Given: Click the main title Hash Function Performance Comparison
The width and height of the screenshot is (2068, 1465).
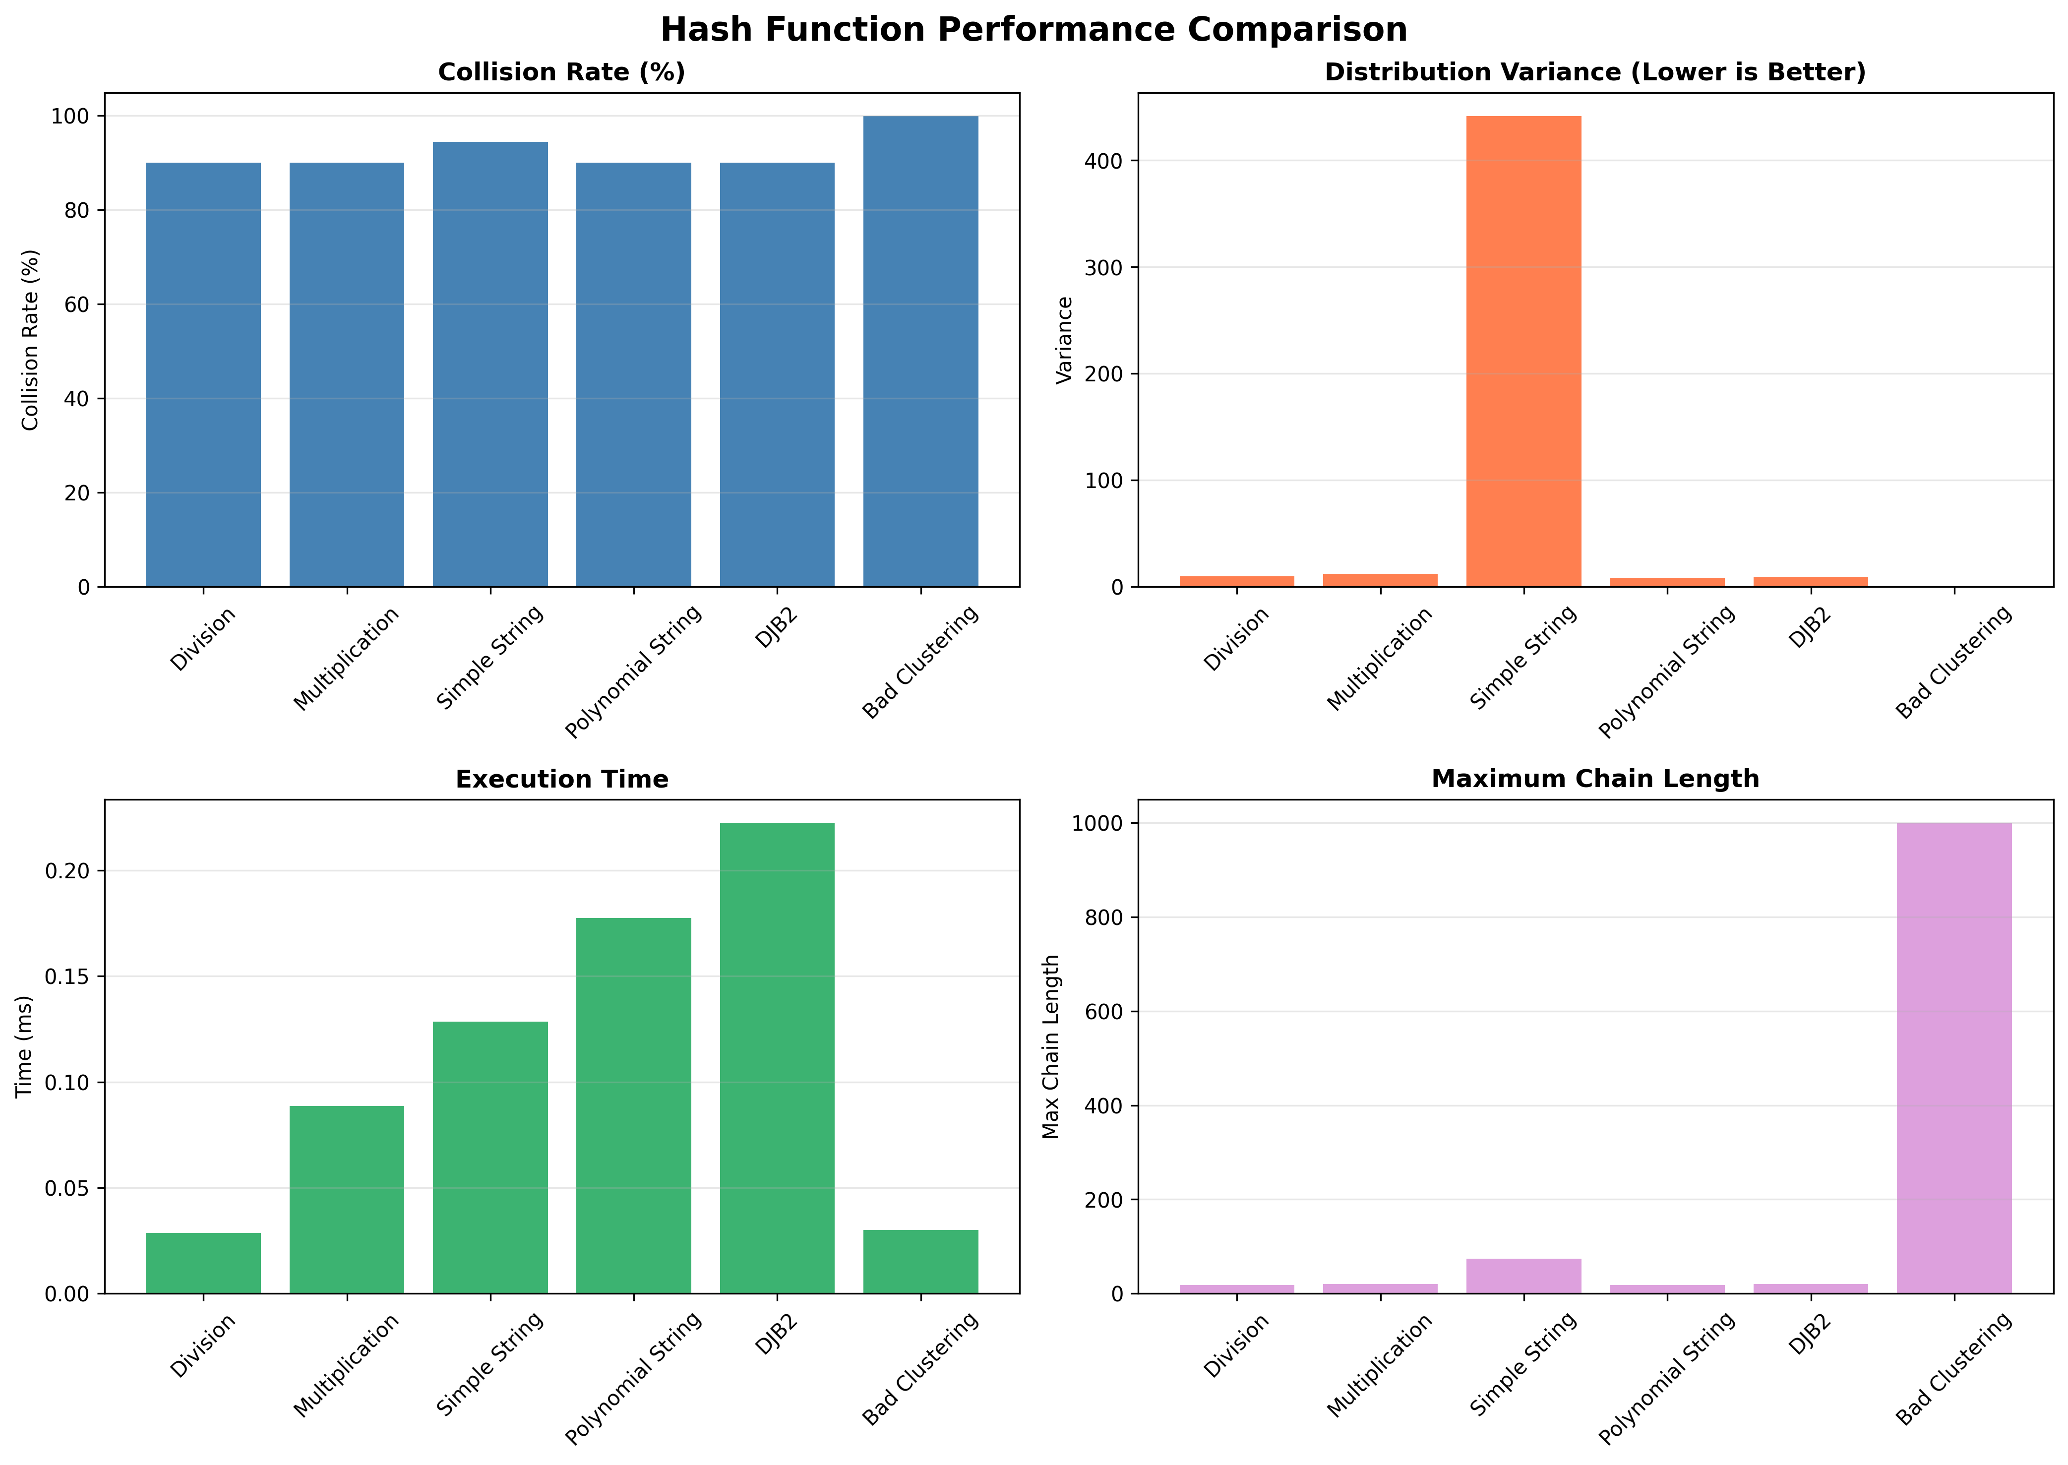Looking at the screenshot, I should pos(1034,30).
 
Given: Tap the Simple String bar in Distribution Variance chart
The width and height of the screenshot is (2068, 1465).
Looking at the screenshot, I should pos(1523,351).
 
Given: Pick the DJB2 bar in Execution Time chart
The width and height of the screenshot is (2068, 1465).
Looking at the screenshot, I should pos(777,1057).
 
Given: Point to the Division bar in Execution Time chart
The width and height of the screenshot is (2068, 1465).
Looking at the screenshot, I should pos(203,1263).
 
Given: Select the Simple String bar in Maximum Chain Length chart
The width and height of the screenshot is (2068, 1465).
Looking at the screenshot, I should pos(1523,1276).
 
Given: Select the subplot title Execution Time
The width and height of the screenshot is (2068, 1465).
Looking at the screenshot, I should pos(562,780).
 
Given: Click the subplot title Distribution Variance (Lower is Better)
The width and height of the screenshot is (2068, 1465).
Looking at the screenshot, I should pos(1594,72).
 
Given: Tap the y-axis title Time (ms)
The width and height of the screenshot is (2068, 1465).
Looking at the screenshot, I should pos(24,1046).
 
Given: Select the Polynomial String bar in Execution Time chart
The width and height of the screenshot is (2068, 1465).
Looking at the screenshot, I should pos(633,1105).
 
